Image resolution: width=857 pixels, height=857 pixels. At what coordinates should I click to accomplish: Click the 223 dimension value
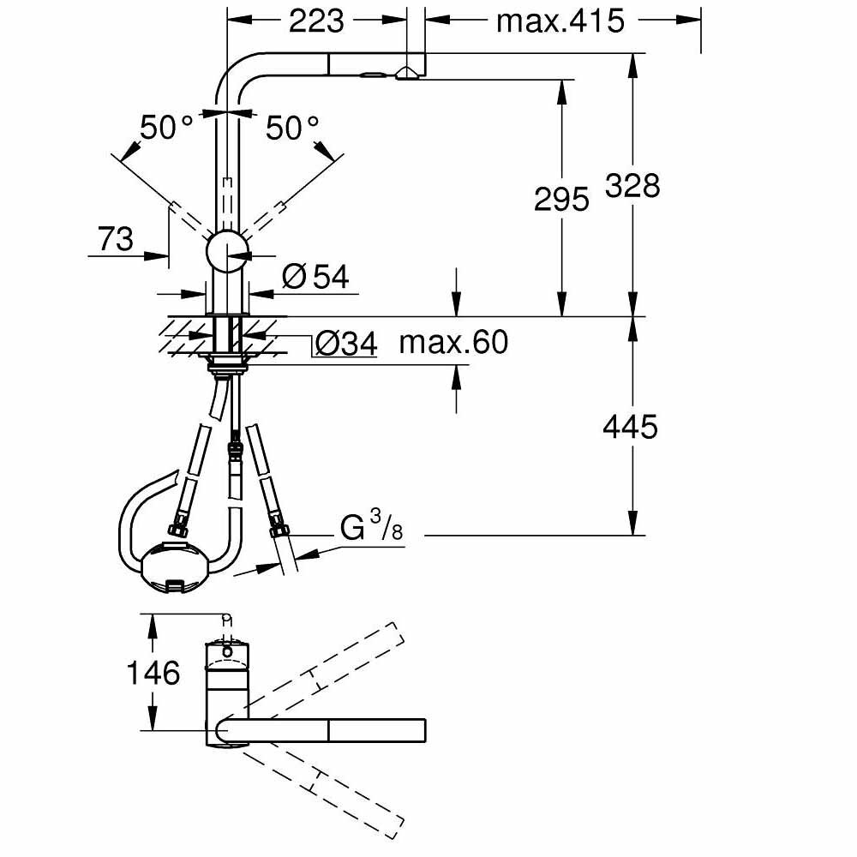[316, 21]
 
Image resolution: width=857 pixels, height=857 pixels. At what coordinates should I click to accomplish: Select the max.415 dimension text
[560, 21]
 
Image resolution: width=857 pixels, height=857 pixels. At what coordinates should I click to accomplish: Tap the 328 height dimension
[632, 185]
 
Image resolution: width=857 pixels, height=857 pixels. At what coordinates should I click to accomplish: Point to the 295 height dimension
[561, 199]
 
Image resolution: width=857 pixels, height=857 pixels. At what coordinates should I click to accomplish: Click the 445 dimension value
[631, 426]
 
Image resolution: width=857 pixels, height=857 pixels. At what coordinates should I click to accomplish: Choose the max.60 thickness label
[453, 343]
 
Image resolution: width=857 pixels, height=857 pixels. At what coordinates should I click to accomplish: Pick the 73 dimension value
[116, 239]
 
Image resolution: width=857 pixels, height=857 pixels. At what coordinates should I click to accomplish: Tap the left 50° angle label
[167, 129]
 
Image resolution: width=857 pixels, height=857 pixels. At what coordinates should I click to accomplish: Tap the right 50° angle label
[291, 129]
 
